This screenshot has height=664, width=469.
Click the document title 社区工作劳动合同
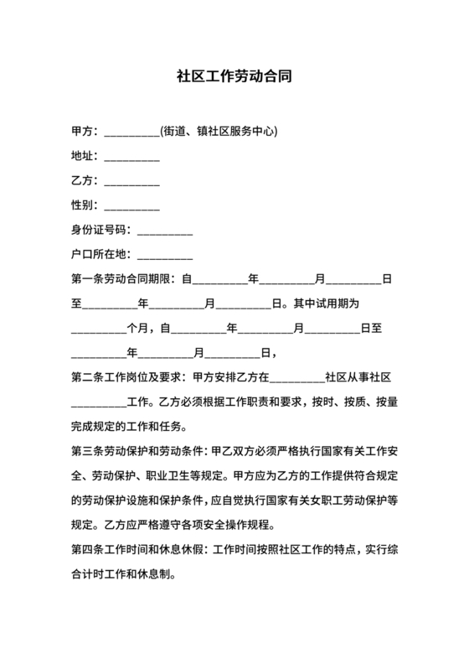(234, 75)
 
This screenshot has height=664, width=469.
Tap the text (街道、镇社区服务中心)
(219, 132)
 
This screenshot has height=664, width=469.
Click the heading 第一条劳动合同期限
(125, 279)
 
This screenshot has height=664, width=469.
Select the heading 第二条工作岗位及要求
(130, 377)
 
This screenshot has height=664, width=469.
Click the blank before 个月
(98, 329)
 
